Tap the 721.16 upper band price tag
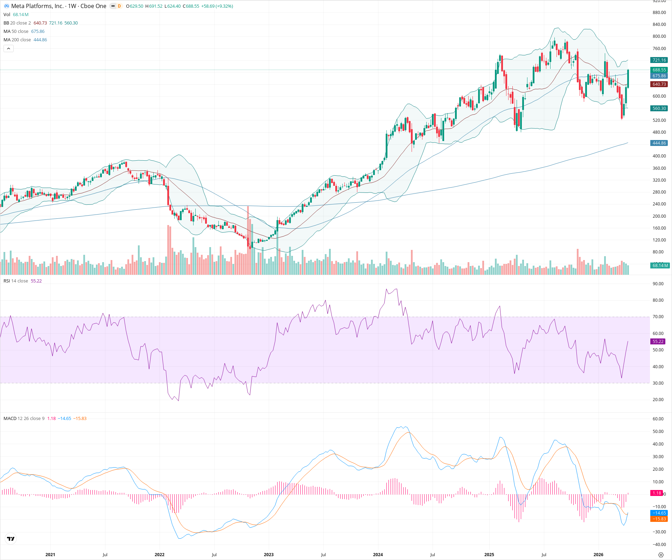click(659, 60)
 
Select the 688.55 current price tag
click(659, 70)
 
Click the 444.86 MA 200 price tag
click(659, 143)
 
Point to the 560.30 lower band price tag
click(659, 108)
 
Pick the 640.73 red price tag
click(659, 84)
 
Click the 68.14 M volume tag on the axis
click(660, 266)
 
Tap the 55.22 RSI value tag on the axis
click(658, 342)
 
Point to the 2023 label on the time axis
click(268, 555)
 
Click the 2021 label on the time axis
click(50, 555)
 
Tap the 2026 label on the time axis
click(598, 555)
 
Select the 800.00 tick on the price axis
click(659, 36)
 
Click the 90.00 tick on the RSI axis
click(658, 284)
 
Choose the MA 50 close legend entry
click(16, 31)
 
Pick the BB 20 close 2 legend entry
click(17, 23)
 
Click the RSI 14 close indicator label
click(16, 281)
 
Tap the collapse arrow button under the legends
click(8, 49)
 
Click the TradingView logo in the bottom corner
click(11, 539)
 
